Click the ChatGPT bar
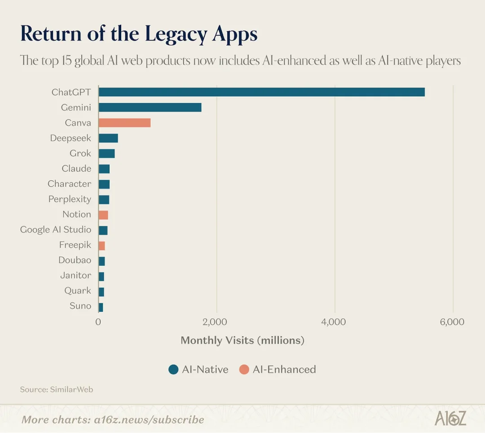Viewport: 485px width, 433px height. pos(261,92)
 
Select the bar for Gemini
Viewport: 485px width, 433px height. pos(150,108)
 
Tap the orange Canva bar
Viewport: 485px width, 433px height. pos(124,123)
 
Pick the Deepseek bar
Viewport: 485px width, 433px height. pos(108,138)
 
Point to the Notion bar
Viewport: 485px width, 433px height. pos(103,215)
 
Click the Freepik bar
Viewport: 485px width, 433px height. pos(101,246)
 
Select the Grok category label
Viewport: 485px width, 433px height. pos(80,153)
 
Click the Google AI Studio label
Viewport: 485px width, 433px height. pos(55,229)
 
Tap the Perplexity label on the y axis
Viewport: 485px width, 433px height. pos(70,199)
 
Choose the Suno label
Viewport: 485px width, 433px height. pos(80,306)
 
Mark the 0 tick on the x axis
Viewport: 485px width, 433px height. pos(98,322)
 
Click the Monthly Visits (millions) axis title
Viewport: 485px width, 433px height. pos(242,341)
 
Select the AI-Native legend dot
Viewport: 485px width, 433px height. pos(173,369)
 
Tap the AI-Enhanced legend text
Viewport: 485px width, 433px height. pos(284,369)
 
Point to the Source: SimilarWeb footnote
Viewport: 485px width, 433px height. pos(56,390)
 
